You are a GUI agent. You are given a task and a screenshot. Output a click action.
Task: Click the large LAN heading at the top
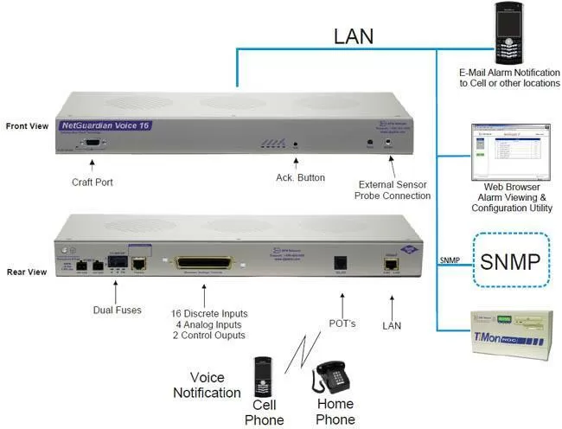pos(354,36)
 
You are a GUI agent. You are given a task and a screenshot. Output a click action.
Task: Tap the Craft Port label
pos(93,182)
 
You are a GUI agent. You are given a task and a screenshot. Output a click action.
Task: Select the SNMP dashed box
pos(513,260)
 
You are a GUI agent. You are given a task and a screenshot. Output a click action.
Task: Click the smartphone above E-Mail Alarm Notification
pos(508,34)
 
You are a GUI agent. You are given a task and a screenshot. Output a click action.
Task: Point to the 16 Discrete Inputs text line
pos(210,312)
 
